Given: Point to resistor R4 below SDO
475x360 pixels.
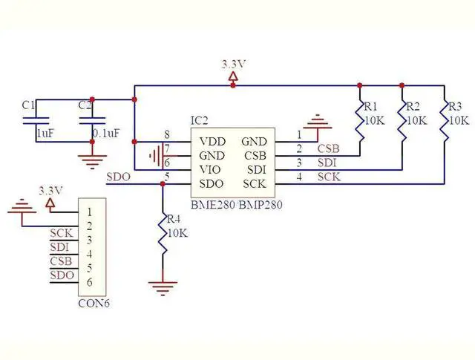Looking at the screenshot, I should point(163,234).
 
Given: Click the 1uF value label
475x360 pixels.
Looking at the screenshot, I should point(45,134).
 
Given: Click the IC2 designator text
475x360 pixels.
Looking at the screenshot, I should point(200,120).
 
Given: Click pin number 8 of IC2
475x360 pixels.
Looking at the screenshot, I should point(167,134).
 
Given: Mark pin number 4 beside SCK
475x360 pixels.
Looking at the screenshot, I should point(299,176).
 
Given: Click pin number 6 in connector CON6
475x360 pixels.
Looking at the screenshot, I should point(89,282).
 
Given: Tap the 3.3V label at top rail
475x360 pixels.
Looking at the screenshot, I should point(233,65).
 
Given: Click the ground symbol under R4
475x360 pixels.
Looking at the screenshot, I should point(163,283).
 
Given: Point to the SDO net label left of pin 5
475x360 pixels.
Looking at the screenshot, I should point(118,177).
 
